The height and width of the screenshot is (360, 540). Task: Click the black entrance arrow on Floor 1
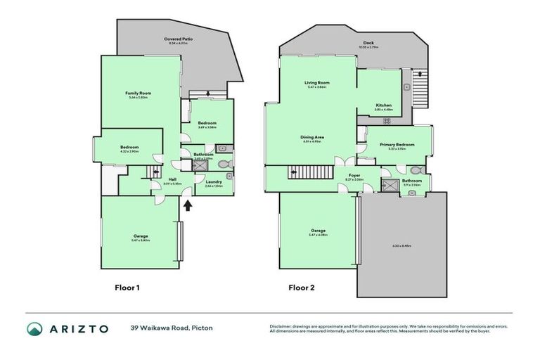coord(188,205)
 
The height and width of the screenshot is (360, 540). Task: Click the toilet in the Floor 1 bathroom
coord(224,165)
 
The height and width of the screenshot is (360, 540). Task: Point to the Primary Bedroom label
coord(397,144)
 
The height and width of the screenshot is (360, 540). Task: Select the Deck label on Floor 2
coord(368,43)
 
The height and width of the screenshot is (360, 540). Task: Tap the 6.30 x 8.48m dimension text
coord(401,245)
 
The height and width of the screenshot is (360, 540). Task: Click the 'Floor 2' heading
coord(302,287)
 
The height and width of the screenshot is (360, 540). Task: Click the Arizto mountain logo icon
coord(35,329)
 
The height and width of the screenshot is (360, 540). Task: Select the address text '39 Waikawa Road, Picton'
coord(171,328)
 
